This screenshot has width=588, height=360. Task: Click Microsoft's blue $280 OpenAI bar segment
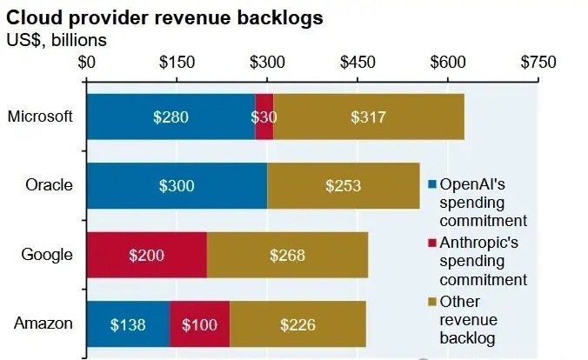pyautogui.click(x=171, y=117)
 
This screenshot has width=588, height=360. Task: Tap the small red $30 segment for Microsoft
pyautogui.click(x=264, y=117)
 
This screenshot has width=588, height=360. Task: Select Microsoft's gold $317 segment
pyautogui.click(x=369, y=117)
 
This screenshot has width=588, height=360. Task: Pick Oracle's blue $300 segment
pyautogui.click(x=177, y=185)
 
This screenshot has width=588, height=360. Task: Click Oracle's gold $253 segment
pyautogui.click(x=344, y=185)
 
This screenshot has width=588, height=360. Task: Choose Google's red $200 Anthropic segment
pyautogui.click(x=147, y=255)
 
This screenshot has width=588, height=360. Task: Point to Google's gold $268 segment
pyautogui.click(x=287, y=255)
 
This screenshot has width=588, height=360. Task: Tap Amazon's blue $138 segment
pyautogui.click(x=128, y=324)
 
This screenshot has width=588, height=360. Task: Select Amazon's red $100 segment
pyautogui.click(x=200, y=324)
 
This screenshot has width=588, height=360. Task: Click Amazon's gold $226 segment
pyautogui.click(x=297, y=324)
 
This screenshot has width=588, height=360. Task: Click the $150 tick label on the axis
pyautogui.click(x=177, y=63)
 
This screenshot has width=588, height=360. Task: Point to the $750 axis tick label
pyautogui.click(x=538, y=63)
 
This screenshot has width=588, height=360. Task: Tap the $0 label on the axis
pyautogui.click(x=87, y=63)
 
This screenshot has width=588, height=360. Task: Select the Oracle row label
pyautogui.click(x=49, y=185)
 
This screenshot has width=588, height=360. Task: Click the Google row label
pyautogui.click(x=47, y=255)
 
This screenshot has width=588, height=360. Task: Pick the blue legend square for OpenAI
pyautogui.click(x=432, y=184)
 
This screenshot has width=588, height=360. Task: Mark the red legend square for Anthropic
pyautogui.click(x=432, y=243)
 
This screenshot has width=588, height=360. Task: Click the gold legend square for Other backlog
pyautogui.click(x=432, y=302)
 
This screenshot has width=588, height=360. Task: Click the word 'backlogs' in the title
pyautogui.click(x=280, y=18)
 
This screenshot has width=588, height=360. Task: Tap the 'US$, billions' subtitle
pyautogui.click(x=57, y=40)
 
